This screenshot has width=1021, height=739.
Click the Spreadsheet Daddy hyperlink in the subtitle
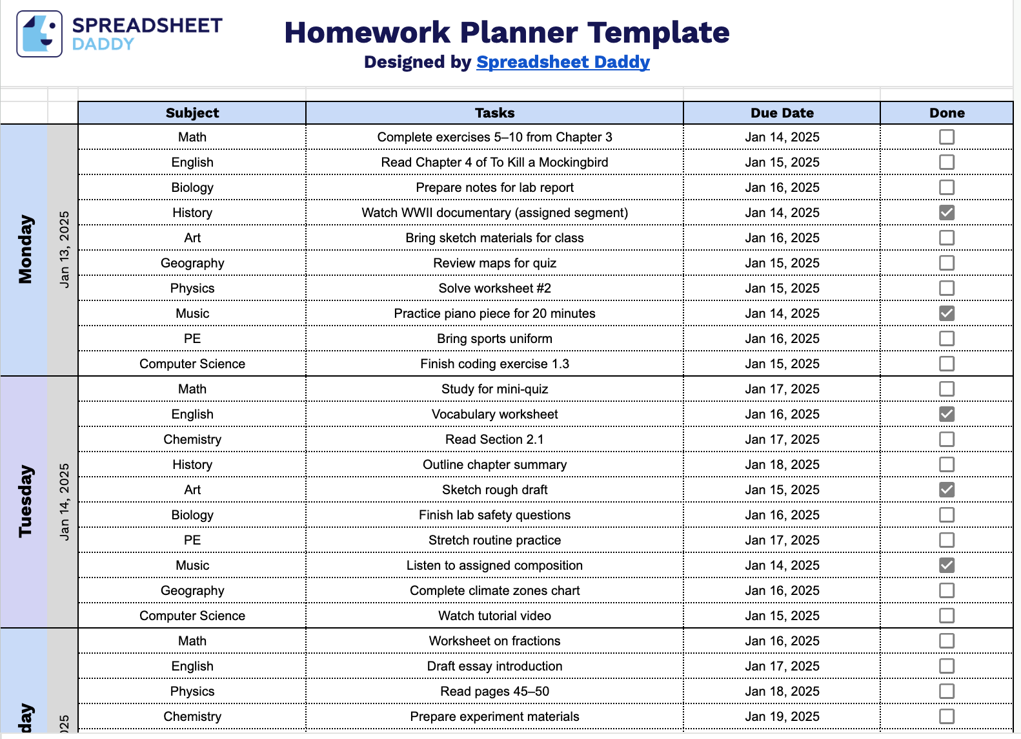(563, 62)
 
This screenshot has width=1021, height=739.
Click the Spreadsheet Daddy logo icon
(39, 34)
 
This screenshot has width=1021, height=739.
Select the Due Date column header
(782, 113)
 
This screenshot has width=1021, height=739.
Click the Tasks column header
(494, 113)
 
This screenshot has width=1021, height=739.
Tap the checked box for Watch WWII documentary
(946, 213)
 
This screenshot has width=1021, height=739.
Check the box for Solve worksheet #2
(946, 288)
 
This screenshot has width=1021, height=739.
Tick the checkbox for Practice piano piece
(946, 313)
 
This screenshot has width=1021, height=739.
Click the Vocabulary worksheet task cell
(494, 414)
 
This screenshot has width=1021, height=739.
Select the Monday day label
(25, 249)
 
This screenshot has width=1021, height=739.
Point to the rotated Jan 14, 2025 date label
(64, 501)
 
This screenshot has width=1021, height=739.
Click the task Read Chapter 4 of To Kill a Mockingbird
(494, 162)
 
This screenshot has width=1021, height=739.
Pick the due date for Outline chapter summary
(782, 464)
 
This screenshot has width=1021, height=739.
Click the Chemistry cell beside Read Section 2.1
(192, 439)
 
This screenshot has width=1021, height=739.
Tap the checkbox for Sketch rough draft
(946, 490)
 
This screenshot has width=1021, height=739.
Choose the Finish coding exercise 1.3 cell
(494, 364)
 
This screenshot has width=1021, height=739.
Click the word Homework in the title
(367, 32)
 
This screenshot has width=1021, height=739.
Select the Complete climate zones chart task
(494, 590)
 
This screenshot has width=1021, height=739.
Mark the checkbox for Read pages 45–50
(946, 691)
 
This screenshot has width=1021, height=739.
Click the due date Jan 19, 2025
(782, 716)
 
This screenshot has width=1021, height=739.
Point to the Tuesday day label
(25, 501)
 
